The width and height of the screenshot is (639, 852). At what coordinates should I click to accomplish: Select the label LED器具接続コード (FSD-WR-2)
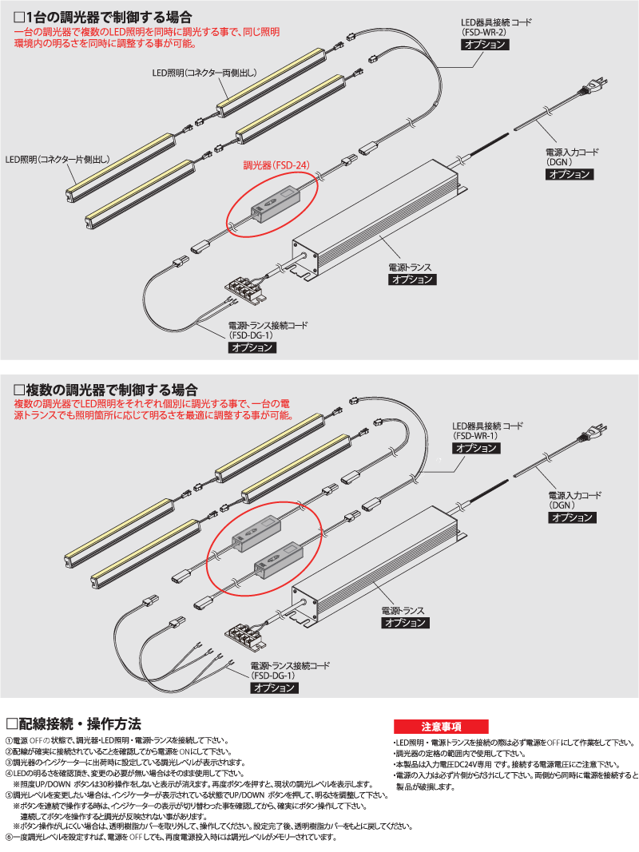(495, 27)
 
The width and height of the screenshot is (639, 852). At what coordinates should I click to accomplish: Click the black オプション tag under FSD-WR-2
(484, 45)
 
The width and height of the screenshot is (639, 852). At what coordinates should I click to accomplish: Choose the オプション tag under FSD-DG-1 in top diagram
(252, 347)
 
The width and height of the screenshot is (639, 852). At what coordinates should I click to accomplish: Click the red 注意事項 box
(440, 727)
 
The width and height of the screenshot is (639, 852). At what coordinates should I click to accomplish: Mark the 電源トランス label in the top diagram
(411, 267)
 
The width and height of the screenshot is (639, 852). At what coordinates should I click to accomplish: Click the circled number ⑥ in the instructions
(10, 838)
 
